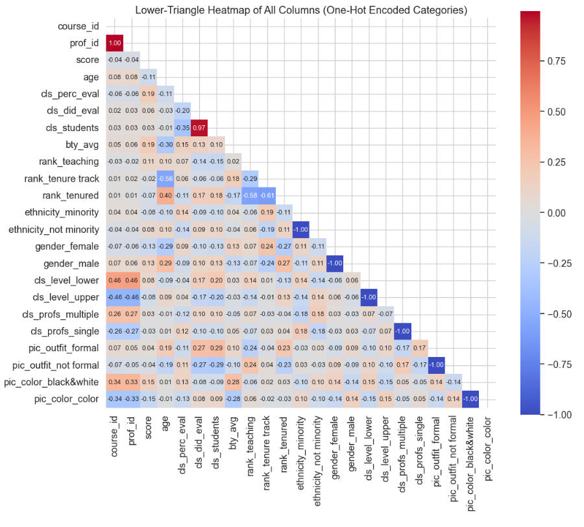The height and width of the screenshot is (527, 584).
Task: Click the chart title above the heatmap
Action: click(301, 10)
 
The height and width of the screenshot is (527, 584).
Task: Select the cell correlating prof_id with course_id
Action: click(114, 43)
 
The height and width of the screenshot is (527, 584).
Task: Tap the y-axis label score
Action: click(88, 60)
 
